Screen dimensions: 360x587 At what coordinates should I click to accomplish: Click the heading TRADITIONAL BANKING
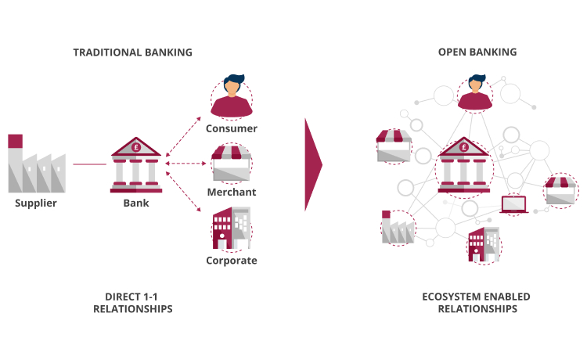[132, 52]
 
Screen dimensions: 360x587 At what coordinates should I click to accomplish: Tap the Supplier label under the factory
[36, 204]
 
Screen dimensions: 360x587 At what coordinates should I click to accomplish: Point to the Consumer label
[231, 128]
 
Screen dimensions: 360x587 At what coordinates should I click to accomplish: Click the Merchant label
[231, 192]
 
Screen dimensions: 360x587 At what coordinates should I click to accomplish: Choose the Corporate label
[231, 261]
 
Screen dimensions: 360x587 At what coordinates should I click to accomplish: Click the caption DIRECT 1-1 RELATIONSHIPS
[132, 303]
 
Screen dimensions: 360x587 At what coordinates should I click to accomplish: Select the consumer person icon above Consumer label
[231, 95]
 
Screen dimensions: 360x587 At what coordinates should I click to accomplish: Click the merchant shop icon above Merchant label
[231, 162]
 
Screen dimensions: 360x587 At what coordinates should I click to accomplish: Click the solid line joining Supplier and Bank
[89, 164]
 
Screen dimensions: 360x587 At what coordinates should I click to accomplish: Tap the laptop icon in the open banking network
[513, 205]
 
